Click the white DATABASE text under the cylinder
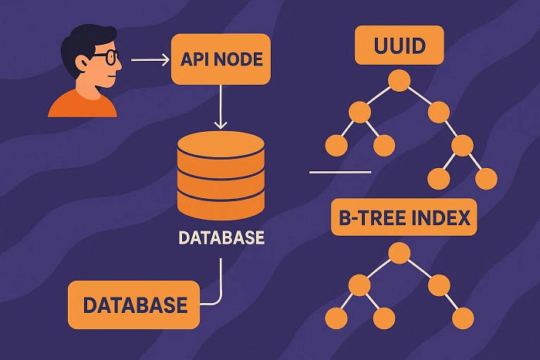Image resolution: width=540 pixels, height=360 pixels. pyautogui.click(x=221, y=238)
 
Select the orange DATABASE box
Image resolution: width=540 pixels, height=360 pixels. pyautogui.click(x=135, y=304)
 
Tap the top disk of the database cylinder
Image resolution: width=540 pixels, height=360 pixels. pyautogui.click(x=221, y=145)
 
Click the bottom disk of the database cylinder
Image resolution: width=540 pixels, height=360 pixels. pyautogui.click(x=221, y=206)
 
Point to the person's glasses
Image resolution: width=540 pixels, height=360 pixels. pyautogui.click(x=108, y=56)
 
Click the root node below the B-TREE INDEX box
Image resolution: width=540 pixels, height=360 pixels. pyautogui.click(x=398, y=252)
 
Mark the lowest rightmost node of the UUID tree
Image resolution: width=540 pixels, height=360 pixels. pyautogui.click(x=486, y=178)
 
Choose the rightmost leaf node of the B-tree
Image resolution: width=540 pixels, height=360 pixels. pyautogui.click(x=463, y=317)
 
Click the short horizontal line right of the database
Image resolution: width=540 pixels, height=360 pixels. pyautogui.click(x=339, y=172)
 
